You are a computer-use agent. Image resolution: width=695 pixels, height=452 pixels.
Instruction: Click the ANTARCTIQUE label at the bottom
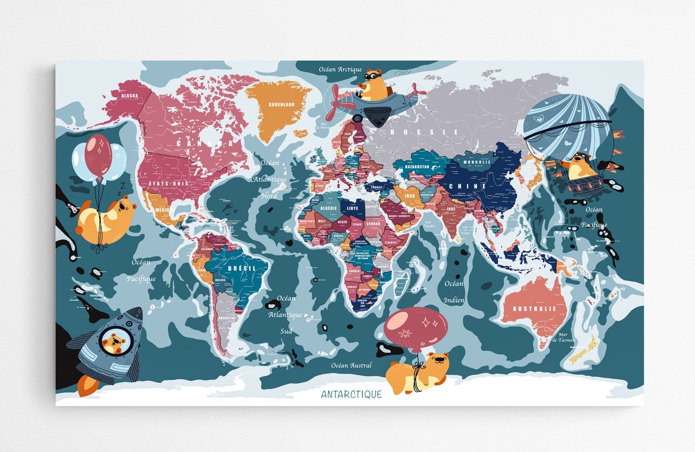(351, 394)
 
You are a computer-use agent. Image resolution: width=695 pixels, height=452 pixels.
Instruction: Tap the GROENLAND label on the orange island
(281, 105)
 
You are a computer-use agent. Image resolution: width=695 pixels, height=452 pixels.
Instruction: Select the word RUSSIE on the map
(425, 132)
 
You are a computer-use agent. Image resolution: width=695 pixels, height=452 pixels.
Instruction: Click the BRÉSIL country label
(242, 268)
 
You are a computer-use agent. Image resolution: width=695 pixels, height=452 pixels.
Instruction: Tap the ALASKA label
(130, 96)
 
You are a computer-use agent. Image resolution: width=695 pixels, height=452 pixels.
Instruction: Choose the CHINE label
(468, 186)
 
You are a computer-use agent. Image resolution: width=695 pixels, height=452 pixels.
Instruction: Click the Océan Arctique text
(340, 70)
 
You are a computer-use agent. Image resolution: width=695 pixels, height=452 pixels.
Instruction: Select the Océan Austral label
(351, 365)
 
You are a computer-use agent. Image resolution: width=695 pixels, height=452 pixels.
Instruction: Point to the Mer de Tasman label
(564, 337)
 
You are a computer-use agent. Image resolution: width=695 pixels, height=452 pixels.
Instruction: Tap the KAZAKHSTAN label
(417, 167)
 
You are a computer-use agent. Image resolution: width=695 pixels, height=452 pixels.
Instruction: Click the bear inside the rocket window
(114, 343)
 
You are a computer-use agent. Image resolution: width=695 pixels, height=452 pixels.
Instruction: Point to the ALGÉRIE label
(328, 208)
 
